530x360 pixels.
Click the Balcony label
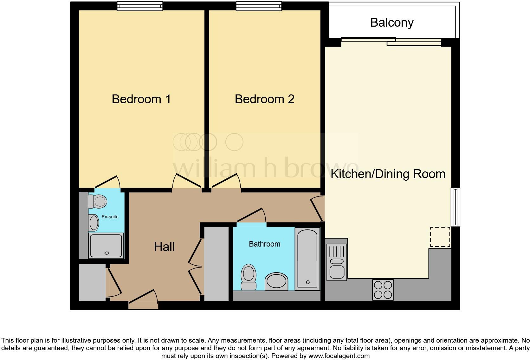tap(392, 23)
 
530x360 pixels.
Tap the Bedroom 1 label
tap(141, 99)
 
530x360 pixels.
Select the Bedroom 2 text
tap(264, 99)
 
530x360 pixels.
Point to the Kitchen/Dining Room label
tap(388, 174)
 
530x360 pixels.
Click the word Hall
tap(164, 247)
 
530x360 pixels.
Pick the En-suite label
tap(110, 217)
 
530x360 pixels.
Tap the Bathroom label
tap(264, 244)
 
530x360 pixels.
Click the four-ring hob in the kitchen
tap(383, 290)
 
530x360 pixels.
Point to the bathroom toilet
tap(249, 277)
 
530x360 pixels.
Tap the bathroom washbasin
tap(276, 281)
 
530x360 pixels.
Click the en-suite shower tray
tap(106, 246)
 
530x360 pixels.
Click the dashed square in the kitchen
tap(440, 237)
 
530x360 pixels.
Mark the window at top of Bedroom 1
tap(140, 6)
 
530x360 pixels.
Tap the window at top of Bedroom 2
tap(259, 6)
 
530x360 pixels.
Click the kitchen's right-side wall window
tap(455, 207)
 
